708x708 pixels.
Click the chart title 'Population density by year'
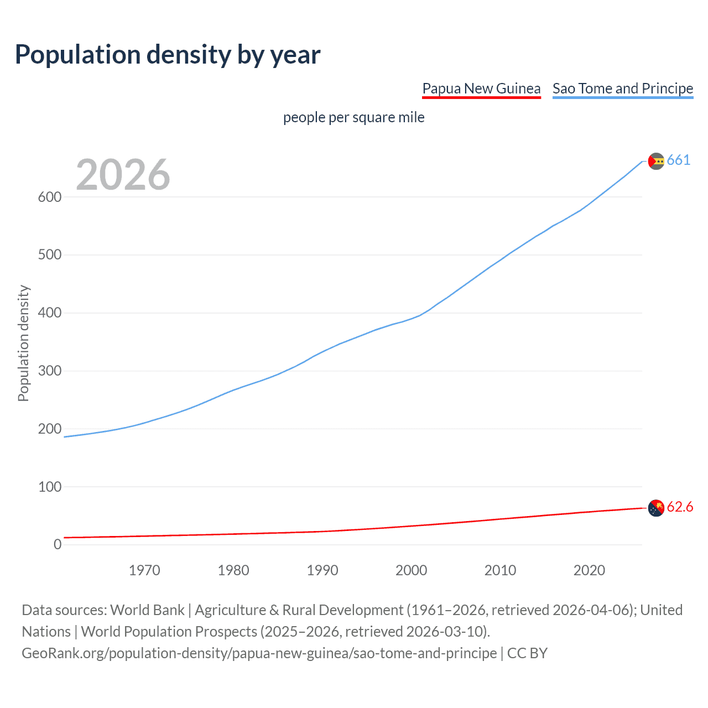pyautogui.click(x=168, y=55)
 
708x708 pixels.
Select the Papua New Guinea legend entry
pyautogui.click(x=481, y=88)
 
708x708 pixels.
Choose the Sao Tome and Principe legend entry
pyautogui.click(x=623, y=88)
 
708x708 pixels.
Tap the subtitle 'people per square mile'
pyautogui.click(x=353, y=117)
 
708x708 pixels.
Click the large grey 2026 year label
pyautogui.click(x=123, y=175)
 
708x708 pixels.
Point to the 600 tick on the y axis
pyautogui.click(x=50, y=197)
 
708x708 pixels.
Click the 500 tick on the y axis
pyautogui.click(x=50, y=255)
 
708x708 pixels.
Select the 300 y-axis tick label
pyautogui.click(x=50, y=371)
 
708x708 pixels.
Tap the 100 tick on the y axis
pyautogui.click(x=50, y=487)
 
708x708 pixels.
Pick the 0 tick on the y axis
pyautogui.click(x=58, y=545)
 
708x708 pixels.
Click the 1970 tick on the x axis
pyautogui.click(x=144, y=570)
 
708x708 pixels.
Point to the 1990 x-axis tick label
pyautogui.click(x=322, y=570)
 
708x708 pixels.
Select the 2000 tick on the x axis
pyautogui.click(x=411, y=570)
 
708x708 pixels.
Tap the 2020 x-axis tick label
pyautogui.click(x=589, y=570)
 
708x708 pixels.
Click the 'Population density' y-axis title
pyautogui.click(x=23, y=343)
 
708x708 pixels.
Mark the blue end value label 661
pyautogui.click(x=679, y=160)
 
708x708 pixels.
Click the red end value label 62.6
pyautogui.click(x=680, y=507)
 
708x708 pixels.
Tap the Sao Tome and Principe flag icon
pyautogui.click(x=656, y=161)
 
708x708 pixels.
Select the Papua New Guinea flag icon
pyautogui.click(x=656, y=508)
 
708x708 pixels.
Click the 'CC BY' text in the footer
pyautogui.click(x=527, y=653)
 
